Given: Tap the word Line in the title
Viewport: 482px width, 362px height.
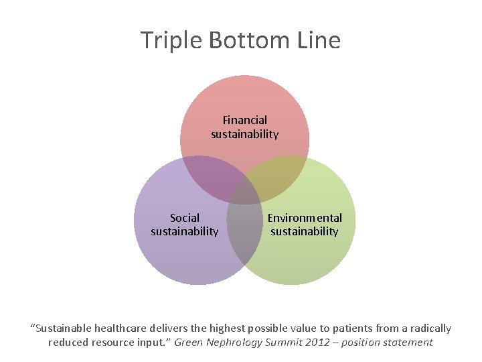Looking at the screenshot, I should click(319, 41).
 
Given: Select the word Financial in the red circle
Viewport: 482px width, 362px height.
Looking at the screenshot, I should click(244, 120).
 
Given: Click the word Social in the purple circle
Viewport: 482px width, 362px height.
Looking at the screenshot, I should click(185, 218).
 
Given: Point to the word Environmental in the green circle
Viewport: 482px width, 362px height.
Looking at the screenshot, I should click(305, 218).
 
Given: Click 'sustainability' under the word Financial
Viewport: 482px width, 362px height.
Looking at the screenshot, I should click(244, 134).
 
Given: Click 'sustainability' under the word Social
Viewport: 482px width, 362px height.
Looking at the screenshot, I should click(185, 232).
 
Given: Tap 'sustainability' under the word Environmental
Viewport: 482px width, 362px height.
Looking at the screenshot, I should click(305, 232).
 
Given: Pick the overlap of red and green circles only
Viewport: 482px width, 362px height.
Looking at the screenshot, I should click(281, 176).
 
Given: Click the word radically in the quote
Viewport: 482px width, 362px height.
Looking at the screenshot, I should click(428, 328).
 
